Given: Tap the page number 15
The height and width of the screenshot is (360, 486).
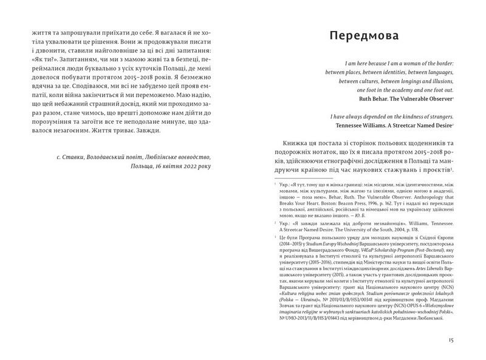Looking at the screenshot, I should (x=450, y=340).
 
